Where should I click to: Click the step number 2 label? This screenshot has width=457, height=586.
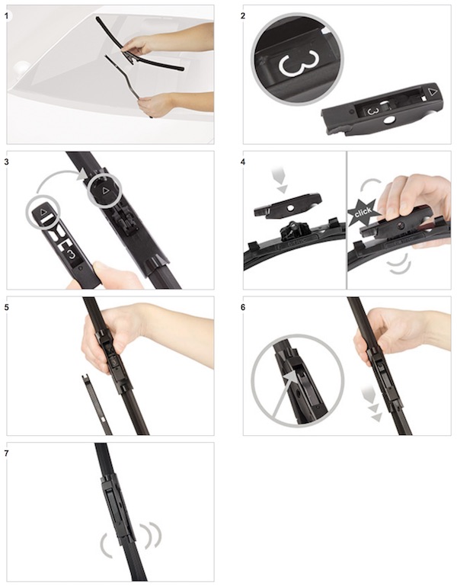(x=243, y=16)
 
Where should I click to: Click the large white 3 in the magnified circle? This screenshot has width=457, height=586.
(x=298, y=62)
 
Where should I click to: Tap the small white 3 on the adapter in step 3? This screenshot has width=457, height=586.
(x=71, y=254)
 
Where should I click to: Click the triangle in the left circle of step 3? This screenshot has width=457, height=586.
(x=43, y=212)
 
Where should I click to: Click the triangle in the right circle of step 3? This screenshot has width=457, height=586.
(x=105, y=191)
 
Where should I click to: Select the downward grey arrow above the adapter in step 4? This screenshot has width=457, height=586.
(x=281, y=181)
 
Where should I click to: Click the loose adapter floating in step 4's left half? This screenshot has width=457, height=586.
(x=287, y=205)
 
